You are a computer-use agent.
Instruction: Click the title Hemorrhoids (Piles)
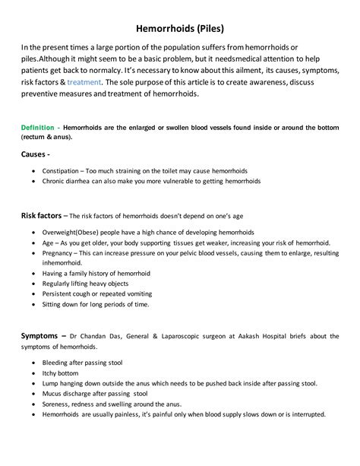[179, 26]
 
